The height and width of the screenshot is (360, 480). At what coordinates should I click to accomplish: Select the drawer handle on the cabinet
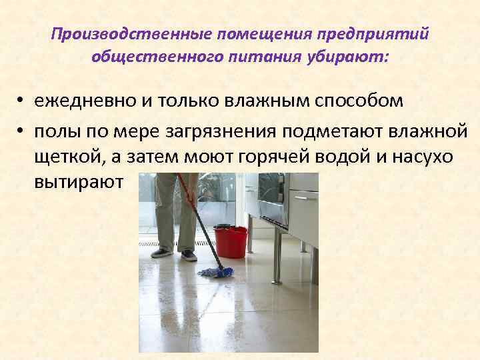pyautogui.click(x=304, y=197)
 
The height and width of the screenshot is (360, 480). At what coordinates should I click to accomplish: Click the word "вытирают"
pyautogui.click(x=79, y=183)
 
